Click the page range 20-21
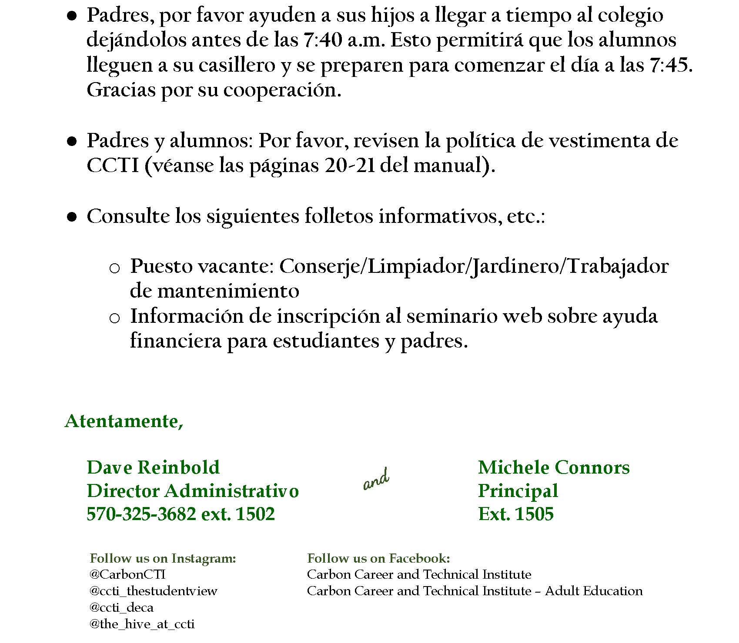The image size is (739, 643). point(350,166)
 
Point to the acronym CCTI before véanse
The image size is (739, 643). point(113,166)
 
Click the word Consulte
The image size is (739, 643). point(128,216)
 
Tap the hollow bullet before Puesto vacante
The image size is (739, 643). point(114,268)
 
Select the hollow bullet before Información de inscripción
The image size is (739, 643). point(114,318)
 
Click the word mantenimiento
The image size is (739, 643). point(228,291)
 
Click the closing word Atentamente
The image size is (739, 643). point(124,421)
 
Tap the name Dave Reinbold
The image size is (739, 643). point(153,467)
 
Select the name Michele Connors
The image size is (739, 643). point(554,467)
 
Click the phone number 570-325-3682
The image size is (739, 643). point(141,514)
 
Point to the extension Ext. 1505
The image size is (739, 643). point(515,514)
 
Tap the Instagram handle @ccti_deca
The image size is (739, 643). point(121,607)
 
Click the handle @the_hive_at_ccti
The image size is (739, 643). point(142,624)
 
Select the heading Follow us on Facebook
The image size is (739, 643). point(378,558)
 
